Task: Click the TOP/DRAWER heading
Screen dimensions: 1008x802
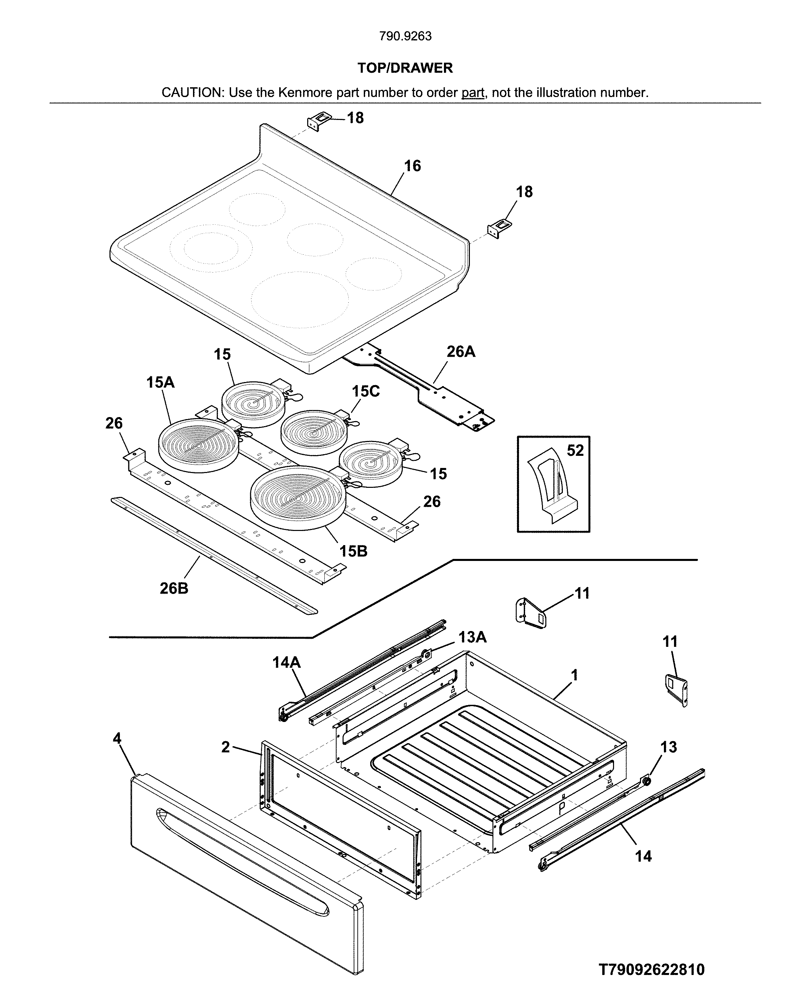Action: coord(405,68)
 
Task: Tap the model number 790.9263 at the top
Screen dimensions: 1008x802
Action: coord(405,36)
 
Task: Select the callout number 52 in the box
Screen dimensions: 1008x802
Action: coord(575,450)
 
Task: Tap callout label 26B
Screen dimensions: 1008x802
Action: coord(174,588)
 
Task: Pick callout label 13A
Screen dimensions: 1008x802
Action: coord(472,637)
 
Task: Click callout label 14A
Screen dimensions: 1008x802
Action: coord(287,662)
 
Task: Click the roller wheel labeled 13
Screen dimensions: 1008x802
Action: coord(646,781)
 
